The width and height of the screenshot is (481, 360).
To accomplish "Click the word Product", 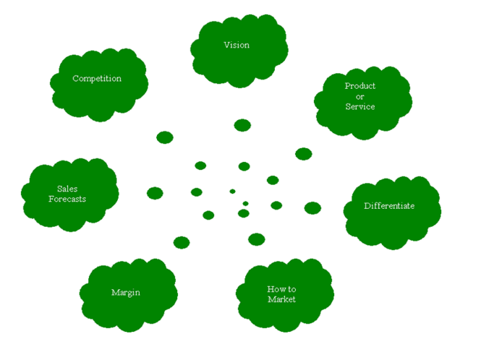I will click(x=359, y=86).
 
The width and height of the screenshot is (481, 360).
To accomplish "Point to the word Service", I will click(x=359, y=106).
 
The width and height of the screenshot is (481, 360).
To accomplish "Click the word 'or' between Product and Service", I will click(x=359, y=96).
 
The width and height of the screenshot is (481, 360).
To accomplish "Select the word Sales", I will click(x=67, y=189).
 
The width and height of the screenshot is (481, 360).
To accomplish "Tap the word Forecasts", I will click(x=67, y=198).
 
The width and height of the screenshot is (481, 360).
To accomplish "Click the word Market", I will click(x=281, y=299).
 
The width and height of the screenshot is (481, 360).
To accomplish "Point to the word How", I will click(x=275, y=289).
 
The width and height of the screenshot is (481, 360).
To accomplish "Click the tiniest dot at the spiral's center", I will click(x=232, y=192).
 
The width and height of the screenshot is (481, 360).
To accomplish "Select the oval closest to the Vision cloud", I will click(x=242, y=125).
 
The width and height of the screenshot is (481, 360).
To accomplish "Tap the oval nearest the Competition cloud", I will click(x=165, y=137).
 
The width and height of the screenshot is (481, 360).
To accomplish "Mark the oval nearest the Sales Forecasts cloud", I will click(x=155, y=193).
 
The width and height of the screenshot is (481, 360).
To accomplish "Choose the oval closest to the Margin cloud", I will click(x=182, y=242).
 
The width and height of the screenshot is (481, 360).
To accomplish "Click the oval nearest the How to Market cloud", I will click(x=257, y=239).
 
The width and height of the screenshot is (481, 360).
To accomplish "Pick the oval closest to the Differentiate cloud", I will click(x=312, y=208).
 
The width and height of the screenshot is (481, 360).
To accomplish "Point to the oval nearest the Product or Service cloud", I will click(x=304, y=154).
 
